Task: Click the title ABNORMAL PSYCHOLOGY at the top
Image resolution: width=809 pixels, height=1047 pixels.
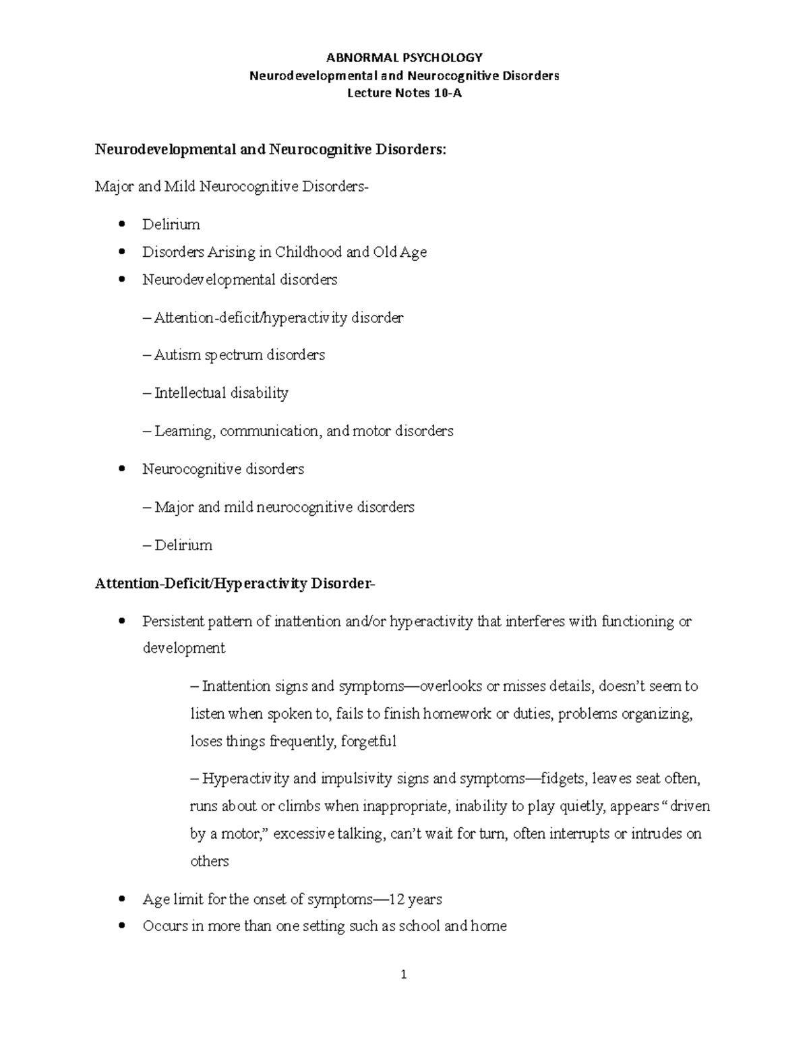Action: tap(404, 57)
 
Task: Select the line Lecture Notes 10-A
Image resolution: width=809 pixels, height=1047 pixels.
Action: tap(404, 93)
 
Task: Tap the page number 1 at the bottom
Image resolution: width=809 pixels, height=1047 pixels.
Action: tap(404, 974)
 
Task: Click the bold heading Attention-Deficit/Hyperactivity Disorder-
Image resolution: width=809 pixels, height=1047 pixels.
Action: tap(235, 583)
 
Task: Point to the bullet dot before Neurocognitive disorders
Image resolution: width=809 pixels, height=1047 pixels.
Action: tap(121, 469)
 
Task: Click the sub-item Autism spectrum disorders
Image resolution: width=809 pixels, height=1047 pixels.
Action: tap(239, 355)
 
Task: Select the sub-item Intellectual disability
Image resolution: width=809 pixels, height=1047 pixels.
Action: tap(220, 393)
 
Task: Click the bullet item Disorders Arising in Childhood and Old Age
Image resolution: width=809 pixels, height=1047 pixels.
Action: tap(284, 252)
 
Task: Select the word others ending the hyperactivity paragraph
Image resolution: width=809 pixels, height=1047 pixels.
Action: tap(210, 861)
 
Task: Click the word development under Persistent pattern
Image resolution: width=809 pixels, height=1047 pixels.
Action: tap(183, 649)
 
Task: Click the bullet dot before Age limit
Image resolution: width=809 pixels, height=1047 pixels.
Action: tap(121, 899)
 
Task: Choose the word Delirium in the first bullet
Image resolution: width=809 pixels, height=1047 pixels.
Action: tap(171, 225)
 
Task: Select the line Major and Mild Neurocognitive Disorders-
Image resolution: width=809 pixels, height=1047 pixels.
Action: tap(232, 187)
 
